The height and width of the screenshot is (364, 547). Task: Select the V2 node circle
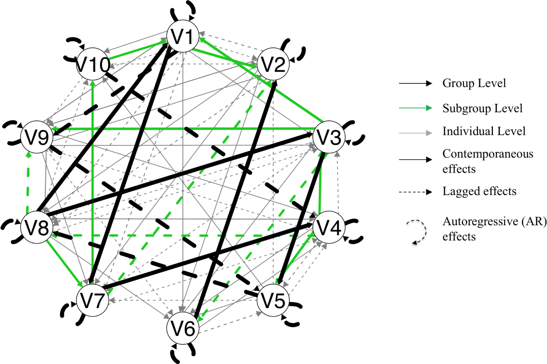(x=273, y=64)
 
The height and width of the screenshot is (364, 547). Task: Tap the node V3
(x=329, y=137)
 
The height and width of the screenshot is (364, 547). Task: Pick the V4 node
(x=329, y=227)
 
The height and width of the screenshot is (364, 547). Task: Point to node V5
(x=273, y=300)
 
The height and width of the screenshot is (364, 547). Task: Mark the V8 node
(x=37, y=227)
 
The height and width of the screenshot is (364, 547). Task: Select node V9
(x=37, y=137)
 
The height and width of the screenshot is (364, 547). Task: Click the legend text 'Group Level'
(x=474, y=83)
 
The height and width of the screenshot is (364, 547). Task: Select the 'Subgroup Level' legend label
(x=482, y=108)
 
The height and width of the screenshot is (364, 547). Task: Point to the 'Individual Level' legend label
(x=484, y=131)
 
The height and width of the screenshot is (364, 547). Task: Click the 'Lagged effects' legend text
(x=479, y=191)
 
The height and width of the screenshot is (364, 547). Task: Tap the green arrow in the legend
(x=415, y=108)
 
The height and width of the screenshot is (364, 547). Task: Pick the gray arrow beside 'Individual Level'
(x=415, y=133)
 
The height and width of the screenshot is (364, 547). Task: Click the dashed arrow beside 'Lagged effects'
(x=415, y=192)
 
